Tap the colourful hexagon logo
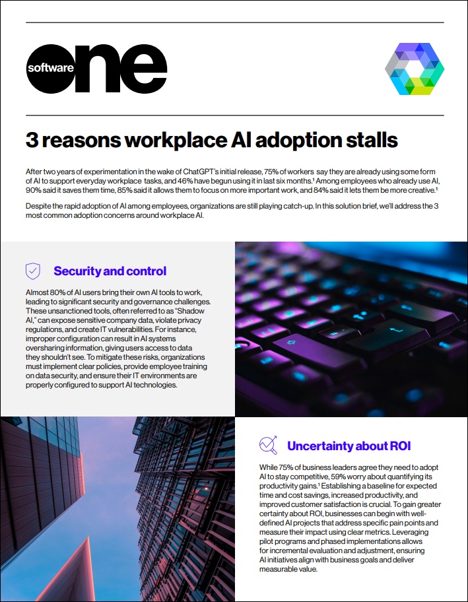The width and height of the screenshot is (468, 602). [x=414, y=69]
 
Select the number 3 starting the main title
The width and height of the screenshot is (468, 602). [x=31, y=140]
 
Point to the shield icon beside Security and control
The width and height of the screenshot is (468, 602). [x=33, y=271]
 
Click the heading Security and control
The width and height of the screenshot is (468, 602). [x=110, y=271]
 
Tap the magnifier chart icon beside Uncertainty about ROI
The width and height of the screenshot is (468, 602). [x=268, y=446]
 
